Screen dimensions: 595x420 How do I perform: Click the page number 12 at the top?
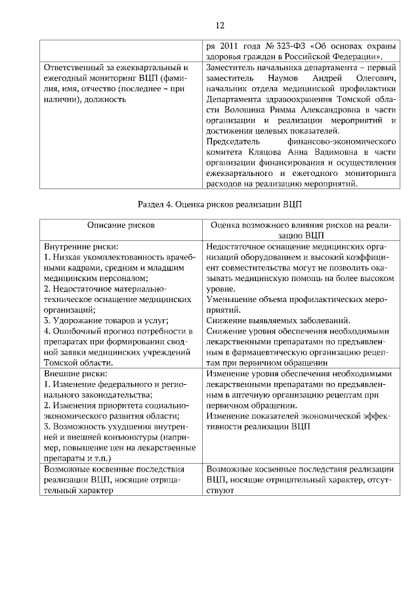(x=220, y=26)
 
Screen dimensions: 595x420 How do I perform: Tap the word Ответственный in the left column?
(x=73, y=68)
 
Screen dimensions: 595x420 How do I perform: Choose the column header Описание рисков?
(x=121, y=225)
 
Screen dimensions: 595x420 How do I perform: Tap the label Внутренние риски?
(x=75, y=246)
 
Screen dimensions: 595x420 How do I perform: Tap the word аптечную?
(x=243, y=394)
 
